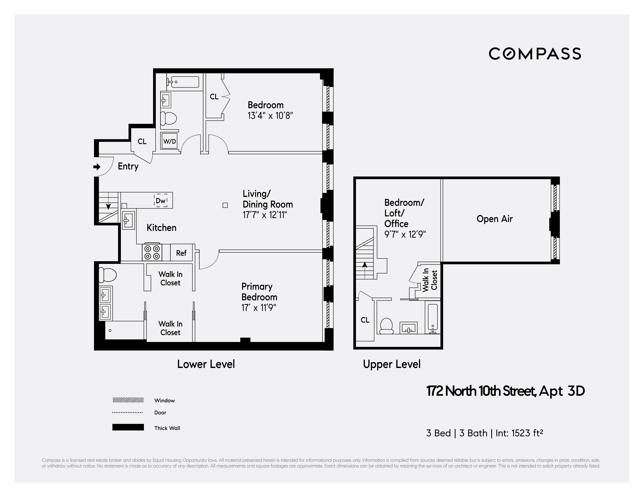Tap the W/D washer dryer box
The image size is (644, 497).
pos(169,141)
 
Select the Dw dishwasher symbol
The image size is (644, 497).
pos(161,201)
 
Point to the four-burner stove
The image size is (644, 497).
pos(152,252)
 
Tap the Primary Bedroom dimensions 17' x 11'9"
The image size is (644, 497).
pos(259,308)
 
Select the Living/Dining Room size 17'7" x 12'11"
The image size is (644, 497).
pos(264,215)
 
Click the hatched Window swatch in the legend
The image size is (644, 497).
pos(128,400)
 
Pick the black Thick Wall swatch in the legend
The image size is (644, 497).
pos(128,427)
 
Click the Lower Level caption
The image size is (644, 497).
pos(206,364)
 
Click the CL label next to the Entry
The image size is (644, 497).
pos(142,141)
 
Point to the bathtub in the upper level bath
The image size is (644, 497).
pos(432,318)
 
